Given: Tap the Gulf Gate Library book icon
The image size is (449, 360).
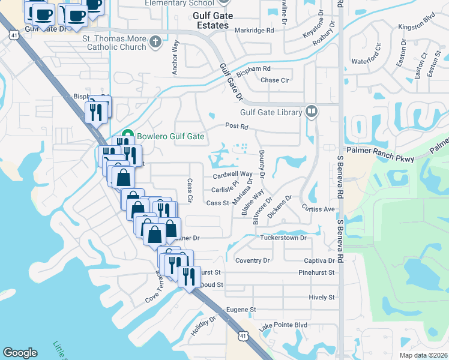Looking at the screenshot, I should click(312, 111).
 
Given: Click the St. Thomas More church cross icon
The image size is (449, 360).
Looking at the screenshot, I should click(155, 41).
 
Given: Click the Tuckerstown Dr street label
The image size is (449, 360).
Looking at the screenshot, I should click(283, 238).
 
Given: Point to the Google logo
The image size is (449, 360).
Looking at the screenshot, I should click(20, 353).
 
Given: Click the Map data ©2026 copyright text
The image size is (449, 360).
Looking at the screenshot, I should click(423, 355).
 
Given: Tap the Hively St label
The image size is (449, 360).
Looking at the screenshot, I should click(321, 297).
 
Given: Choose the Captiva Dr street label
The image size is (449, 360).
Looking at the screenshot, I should click(319, 261).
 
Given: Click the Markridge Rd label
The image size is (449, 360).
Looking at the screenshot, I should click(254, 30).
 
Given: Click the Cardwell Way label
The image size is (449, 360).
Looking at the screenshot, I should click(232, 175).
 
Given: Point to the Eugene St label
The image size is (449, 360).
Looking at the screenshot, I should click(241, 310).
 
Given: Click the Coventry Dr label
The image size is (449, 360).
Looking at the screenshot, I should click(253, 260).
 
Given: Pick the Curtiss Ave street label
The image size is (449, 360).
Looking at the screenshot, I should click(318, 209).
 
